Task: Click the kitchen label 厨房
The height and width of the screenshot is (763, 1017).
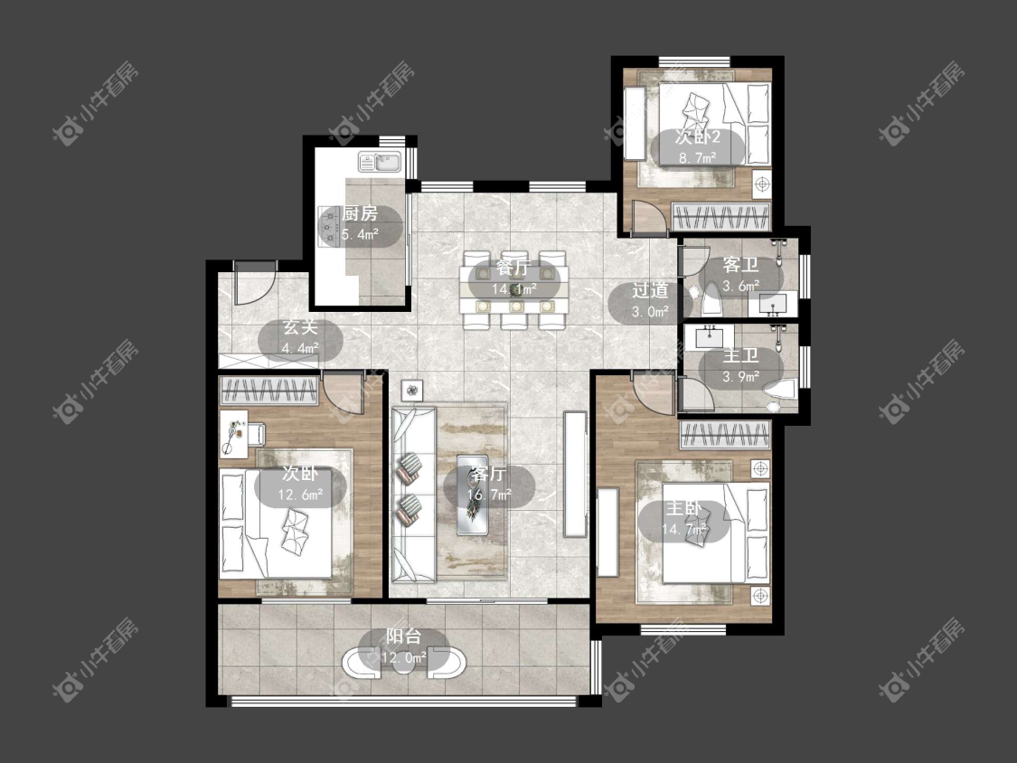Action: [360, 213]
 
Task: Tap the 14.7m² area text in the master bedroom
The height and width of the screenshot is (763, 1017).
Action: [683, 530]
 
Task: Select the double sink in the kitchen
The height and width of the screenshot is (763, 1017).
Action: [380, 161]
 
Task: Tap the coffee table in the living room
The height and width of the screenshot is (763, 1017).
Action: [473, 495]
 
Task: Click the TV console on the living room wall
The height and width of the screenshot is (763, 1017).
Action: [575, 474]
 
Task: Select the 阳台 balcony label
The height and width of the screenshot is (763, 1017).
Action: [403, 636]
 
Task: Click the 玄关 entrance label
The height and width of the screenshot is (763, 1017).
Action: [300, 327]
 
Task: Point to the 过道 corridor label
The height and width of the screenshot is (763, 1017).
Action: [650, 290]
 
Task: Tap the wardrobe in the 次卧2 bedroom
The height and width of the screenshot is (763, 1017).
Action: [721, 217]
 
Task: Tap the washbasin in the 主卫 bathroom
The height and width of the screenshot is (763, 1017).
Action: [711, 337]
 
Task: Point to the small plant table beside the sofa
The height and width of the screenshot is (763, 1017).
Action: [411, 390]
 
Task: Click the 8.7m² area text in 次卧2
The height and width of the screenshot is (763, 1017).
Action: [697, 157]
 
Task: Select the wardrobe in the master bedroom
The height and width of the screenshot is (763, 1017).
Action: [725, 434]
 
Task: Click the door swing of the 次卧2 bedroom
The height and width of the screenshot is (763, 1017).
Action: [648, 217]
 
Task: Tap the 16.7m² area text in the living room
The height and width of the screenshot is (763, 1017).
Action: [489, 495]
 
